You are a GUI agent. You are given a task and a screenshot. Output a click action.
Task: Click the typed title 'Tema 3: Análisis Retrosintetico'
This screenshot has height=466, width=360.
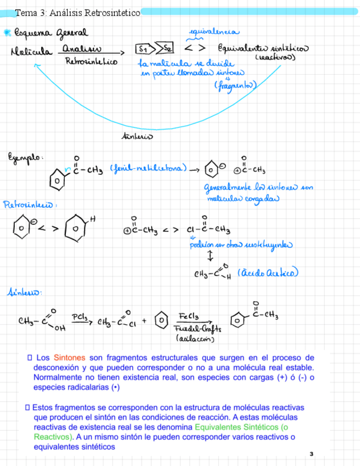click(77, 12)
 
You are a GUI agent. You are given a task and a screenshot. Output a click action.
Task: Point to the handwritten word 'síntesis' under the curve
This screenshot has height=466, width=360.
click(136, 136)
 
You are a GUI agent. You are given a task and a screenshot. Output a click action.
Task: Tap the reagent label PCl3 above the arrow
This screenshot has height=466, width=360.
click(80, 317)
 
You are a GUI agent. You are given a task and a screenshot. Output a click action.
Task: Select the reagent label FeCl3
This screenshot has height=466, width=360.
click(189, 318)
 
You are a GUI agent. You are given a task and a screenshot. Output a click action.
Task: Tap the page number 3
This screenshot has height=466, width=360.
click(311, 454)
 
